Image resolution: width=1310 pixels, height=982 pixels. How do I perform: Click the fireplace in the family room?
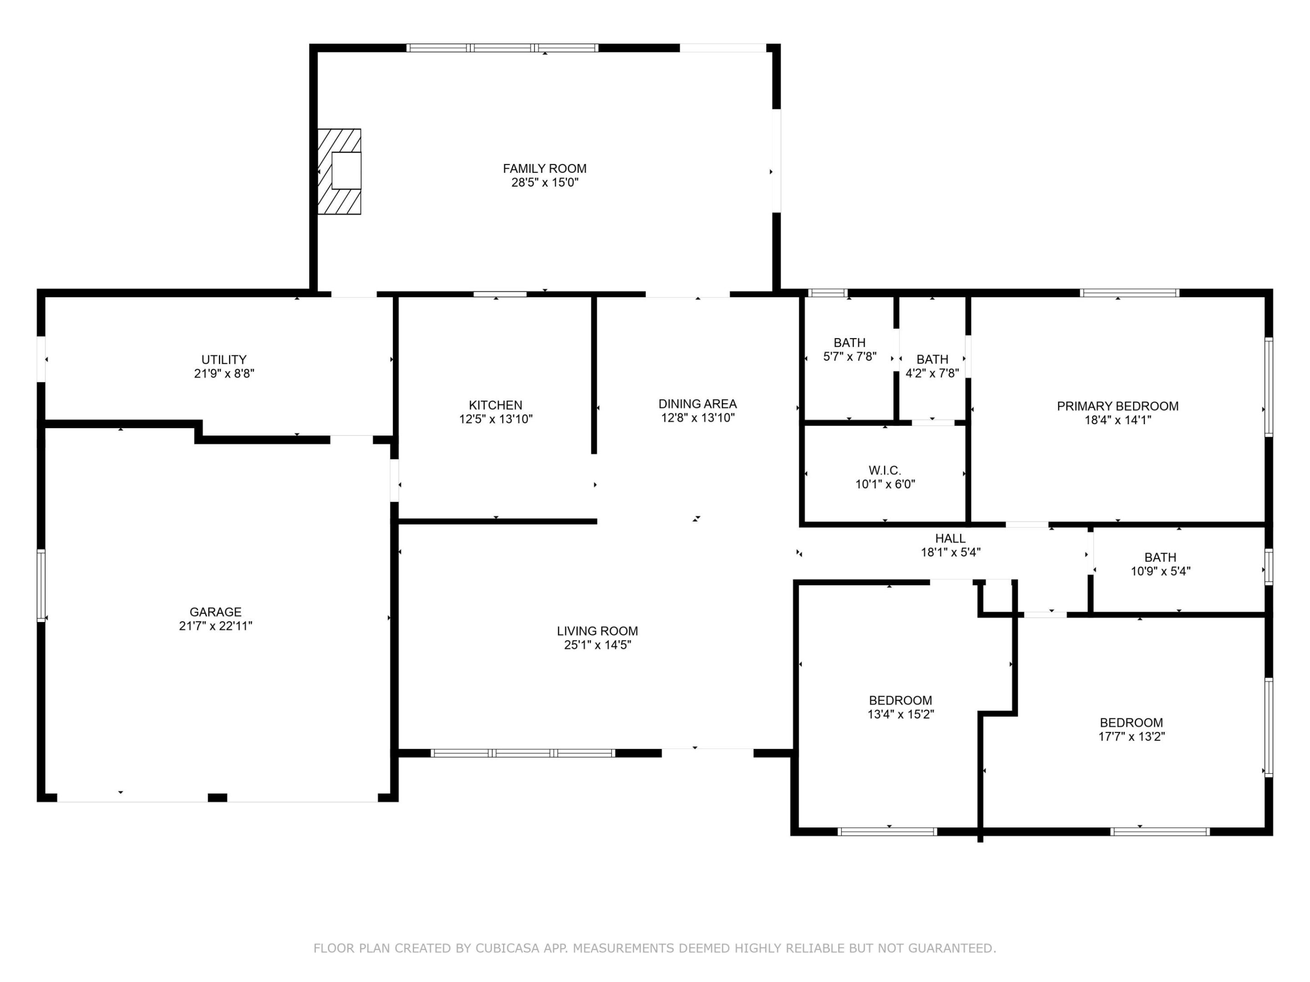point(339,172)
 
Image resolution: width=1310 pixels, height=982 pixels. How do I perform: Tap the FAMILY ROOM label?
point(545,169)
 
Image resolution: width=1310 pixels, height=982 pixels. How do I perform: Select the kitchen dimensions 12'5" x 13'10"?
point(496,420)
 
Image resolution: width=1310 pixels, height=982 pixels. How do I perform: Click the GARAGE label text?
point(216,612)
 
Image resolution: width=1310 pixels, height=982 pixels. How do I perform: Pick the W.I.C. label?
point(885,471)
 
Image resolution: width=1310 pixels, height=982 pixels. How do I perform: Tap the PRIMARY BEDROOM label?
point(1118,406)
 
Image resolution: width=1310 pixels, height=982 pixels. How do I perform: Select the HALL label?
point(951,539)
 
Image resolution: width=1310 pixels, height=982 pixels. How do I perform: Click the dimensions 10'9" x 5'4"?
point(1161,571)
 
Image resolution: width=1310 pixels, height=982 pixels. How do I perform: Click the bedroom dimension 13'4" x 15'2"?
point(901,715)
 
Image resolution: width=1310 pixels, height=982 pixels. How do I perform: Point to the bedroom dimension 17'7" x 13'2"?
point(1131,737)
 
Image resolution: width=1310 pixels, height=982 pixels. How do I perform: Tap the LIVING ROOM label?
point(598,631)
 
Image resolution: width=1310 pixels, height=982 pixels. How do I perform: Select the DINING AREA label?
point(698,404)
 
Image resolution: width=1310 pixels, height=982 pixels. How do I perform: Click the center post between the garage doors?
point(217,797)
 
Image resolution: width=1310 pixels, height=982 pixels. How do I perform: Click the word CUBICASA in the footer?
point(508,948)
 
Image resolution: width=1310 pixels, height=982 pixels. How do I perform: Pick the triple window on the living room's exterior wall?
point(523,753)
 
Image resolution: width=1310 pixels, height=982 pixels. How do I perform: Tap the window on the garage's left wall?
point(41,586)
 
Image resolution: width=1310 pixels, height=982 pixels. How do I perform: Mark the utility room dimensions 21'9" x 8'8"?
point(224,374)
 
